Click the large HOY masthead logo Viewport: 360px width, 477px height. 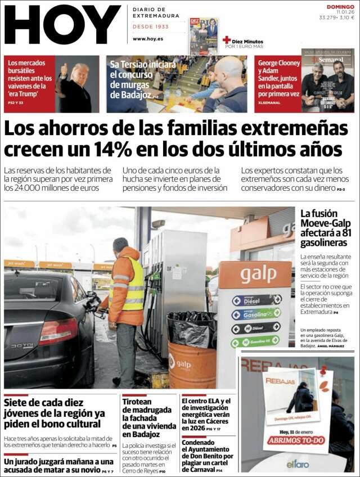coord(62,25)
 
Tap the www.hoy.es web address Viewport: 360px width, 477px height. coord(148,39)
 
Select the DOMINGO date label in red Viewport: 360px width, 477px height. coord(340,7)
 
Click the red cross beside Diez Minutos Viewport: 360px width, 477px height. coord(227,40)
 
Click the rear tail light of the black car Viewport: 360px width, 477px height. coord(58,331)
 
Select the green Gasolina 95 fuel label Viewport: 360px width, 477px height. coord(256,314)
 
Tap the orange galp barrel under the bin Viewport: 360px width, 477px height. coord(192,364)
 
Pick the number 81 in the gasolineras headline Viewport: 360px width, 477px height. coord(346,232)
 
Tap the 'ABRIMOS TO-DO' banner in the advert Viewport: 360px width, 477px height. coord(296,440)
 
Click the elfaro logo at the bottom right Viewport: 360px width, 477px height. coord(298,463)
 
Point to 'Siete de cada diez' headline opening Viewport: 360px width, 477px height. coord(43,403)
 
